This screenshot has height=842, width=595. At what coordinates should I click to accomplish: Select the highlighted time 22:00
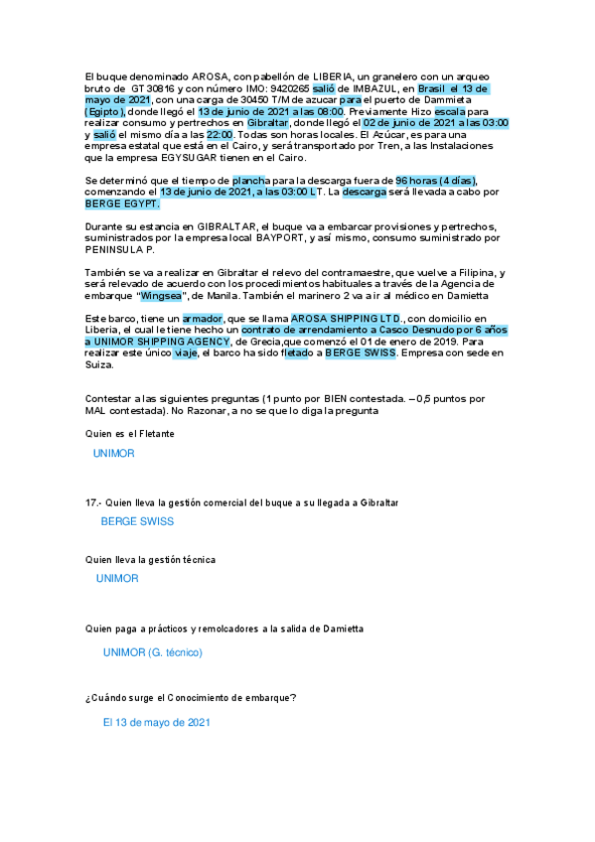coord(221,134)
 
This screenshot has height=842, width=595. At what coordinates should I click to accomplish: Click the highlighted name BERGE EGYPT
coord(123,203)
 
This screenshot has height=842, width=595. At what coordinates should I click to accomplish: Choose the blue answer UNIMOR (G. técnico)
coord(152,652)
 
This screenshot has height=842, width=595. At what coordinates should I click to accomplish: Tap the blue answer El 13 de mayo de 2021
coord(157,723)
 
